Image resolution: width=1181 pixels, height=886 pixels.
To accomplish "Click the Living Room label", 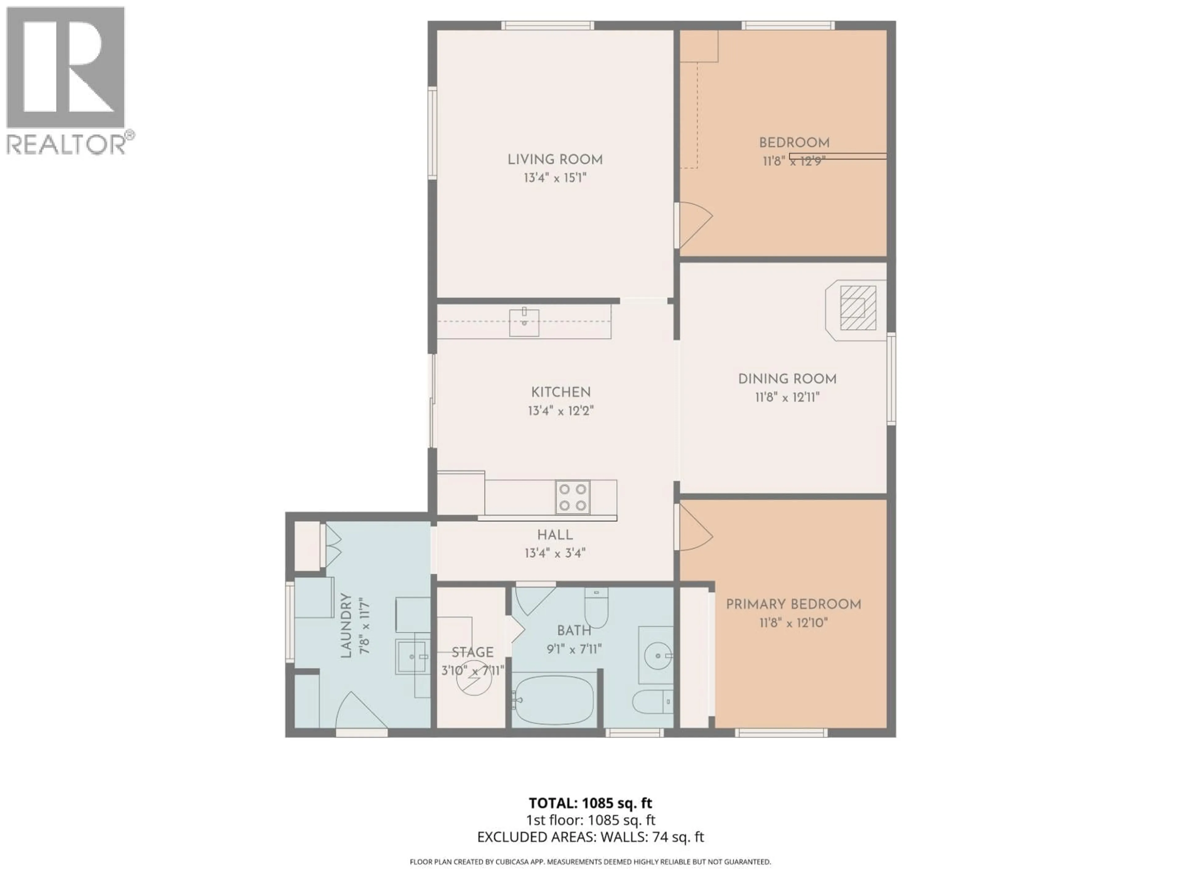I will click(555, 159).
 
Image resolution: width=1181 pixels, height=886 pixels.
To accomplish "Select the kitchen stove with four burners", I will click(572, 497).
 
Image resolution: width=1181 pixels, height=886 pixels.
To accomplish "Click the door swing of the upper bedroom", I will click(695, 224).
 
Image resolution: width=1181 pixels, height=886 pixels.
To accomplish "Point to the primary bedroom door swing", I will click(695, 528).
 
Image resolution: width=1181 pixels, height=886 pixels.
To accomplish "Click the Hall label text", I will click(555, 535).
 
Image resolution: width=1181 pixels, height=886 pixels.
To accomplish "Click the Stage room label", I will click(472, 652).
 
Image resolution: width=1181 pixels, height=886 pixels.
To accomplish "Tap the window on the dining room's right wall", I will click(891, 379).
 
